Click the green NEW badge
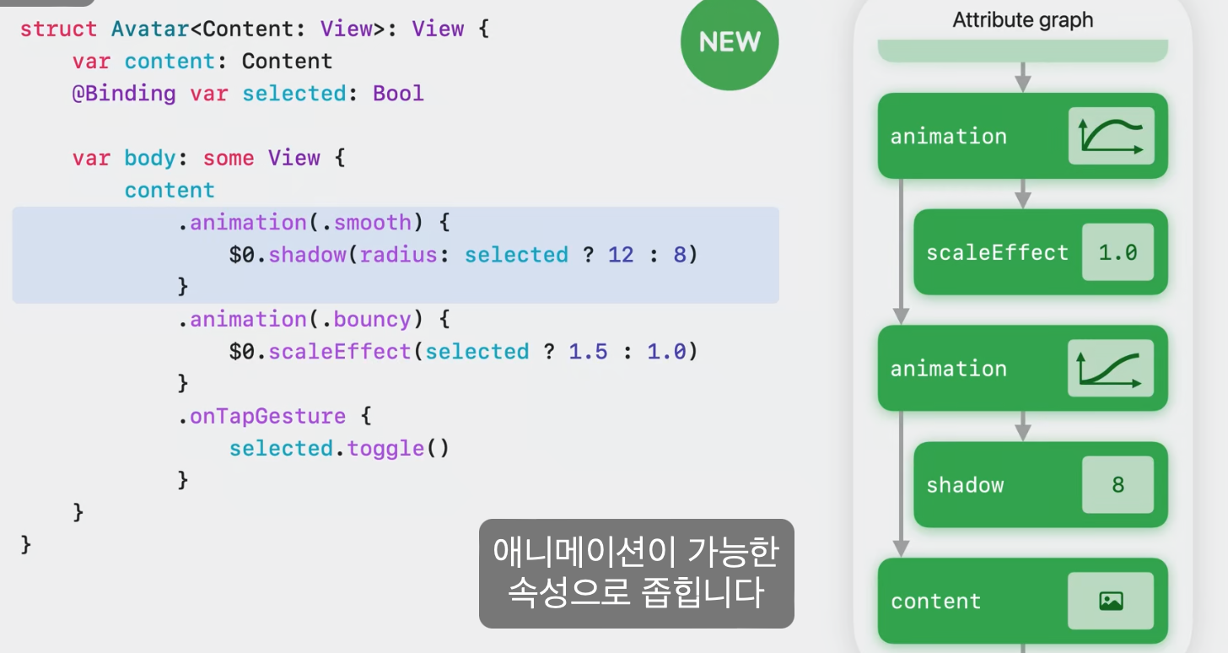(x=730, y=42)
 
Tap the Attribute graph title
(x=1022, y=20)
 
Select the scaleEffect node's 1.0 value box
(x=1118, y=252)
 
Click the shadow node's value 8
(x=1118, y=485)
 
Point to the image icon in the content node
(x=1111, y=601)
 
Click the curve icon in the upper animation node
(x=1111, y=136)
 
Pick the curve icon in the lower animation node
(x=1111, y=369)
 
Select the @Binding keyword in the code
(x=124, y=93)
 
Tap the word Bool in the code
(x=398, y=93)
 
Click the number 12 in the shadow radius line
(x=621, y=255)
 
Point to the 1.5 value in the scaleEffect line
(x=588, y=352)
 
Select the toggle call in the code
(x=386, y=448)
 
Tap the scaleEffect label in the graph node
(x=997, y=252)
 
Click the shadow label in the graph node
(x=965, y=485)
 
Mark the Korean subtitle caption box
(x=637, y=573)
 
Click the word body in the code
(x=150, y=158)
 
